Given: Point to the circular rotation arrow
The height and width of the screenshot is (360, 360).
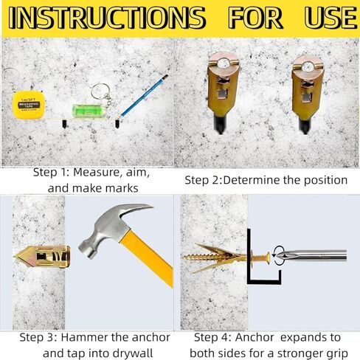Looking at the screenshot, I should [x=280, y=255].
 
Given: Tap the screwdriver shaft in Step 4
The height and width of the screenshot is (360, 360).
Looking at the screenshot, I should [x=317, y=256].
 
